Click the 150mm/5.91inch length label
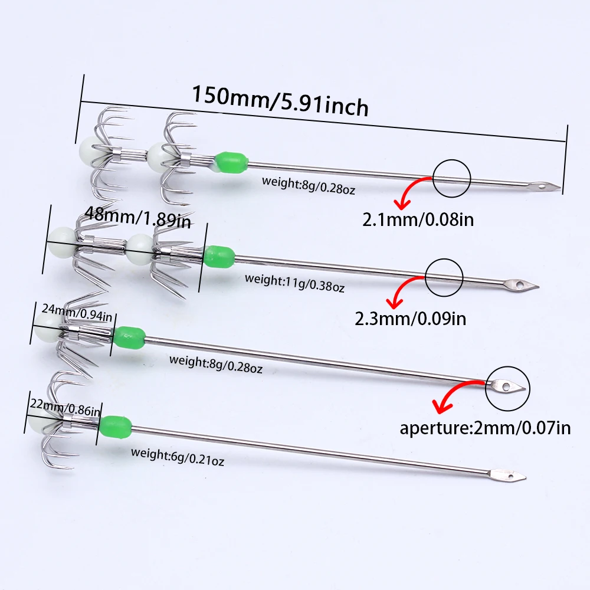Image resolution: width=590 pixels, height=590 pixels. point(280,100)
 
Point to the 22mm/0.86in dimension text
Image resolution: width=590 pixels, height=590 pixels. point(64,407)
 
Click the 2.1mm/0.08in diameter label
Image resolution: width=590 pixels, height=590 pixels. point(419,221)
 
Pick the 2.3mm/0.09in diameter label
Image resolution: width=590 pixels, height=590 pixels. point(411,319)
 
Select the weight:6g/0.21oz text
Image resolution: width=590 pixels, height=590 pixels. point(178,457)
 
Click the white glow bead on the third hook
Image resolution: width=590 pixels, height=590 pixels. point(44,323)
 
